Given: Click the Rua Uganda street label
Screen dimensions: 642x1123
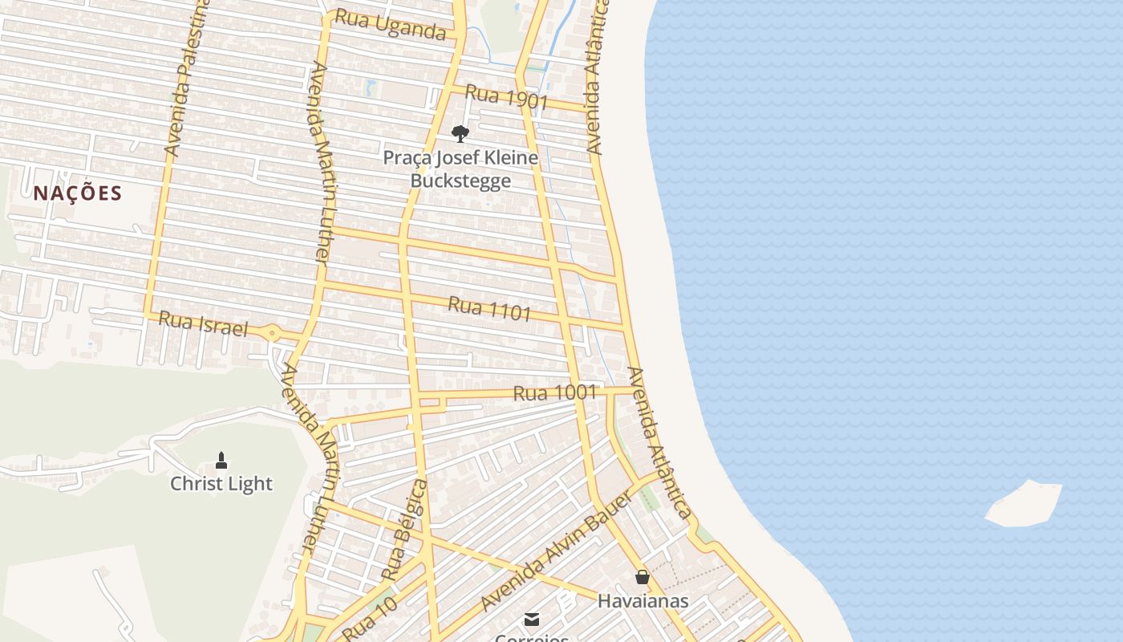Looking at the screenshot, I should pyautogui.click(x=390, y=24).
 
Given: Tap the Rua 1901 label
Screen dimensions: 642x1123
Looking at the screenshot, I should pyautogui.click(x=506, y=97).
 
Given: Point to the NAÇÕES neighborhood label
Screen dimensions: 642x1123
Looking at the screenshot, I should pyautogui.click(x=78, y=193).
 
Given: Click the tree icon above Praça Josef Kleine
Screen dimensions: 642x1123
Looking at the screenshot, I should pyautogui.click(x=460, y=133).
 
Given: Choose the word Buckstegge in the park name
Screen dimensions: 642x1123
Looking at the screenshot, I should pyautogui.click(x=460, y=181).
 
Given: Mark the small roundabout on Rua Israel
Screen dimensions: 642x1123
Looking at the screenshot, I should pyautogui.click(x=273, y=332).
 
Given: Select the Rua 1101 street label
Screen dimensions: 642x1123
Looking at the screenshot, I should pyautogui.click(x=489, y=308).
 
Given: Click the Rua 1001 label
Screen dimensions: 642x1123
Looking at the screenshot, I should pyautogui.click(x=555, y=392).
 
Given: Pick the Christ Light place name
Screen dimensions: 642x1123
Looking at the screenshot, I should pyautogui.click(x=221, y=484).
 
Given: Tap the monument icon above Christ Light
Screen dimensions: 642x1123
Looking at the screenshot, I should pyautogui.click(x=221, y=461).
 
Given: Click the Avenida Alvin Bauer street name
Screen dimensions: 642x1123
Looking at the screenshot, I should pyautogui.click(x=557, y=551).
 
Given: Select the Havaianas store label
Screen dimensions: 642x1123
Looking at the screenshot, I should pyautogui.click(x=643, y=600).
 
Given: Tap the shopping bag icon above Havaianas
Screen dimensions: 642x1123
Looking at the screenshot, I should pyautogui.click(x=643, y=577).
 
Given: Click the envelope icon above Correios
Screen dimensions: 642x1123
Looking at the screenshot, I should pyautogui.click(x=531, y=619).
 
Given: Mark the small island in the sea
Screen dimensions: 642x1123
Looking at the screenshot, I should pyautogui.click(x=1024, y=503).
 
